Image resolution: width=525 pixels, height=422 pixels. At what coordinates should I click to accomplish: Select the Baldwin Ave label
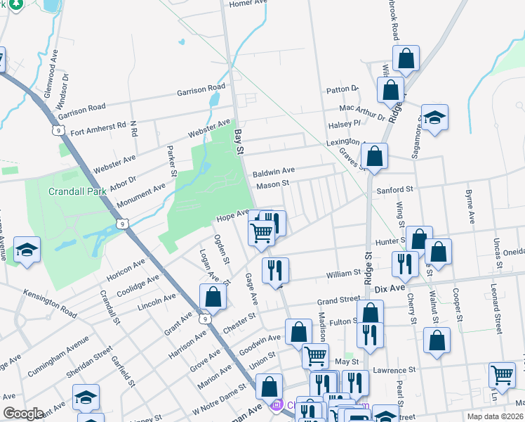click(274, 171)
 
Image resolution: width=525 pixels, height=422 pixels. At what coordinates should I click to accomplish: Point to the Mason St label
click(272, 185)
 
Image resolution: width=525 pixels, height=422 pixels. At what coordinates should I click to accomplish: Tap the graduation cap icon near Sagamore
click(434, 118)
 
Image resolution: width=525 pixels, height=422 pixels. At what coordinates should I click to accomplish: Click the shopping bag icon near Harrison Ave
click(213, 297)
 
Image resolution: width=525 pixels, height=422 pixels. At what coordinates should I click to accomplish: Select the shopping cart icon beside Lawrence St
click(502, 375)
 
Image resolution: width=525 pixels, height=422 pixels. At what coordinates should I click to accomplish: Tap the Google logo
click(23, 414)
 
